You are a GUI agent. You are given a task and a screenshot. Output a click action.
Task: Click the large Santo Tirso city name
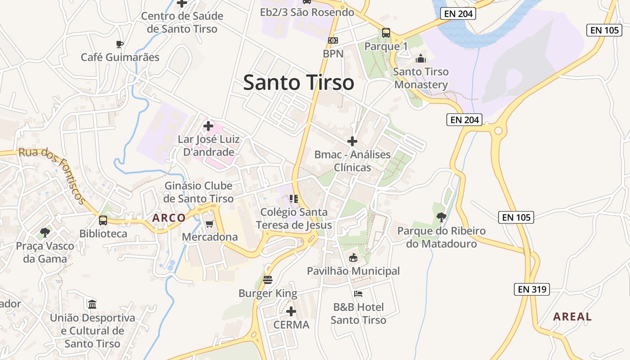(298, 83)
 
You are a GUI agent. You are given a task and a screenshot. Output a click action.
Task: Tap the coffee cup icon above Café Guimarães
(119, 44)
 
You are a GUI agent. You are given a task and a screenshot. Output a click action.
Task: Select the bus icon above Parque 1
(386, 32)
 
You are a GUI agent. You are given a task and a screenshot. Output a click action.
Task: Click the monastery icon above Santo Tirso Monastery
(421, 58)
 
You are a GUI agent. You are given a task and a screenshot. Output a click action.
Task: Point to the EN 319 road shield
(532, 289)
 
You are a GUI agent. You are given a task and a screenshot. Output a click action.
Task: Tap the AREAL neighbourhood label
(572, 316)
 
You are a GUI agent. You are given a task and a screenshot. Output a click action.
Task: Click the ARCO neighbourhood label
(169, 218)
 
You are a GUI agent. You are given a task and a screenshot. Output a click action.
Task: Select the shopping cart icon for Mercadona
(209, 224)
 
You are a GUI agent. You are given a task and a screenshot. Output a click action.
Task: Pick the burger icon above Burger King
(268, 280)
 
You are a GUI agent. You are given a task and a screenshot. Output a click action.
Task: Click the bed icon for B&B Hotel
(358, 294)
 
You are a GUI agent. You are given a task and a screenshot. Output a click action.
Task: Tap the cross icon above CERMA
(291, 311)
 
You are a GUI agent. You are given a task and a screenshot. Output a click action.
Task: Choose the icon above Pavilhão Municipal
(353, 258)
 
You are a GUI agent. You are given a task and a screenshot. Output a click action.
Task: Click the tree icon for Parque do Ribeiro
(441, 217)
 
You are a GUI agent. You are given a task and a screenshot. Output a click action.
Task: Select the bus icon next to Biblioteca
(103, 220)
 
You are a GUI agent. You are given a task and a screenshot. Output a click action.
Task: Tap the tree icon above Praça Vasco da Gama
(45, 233)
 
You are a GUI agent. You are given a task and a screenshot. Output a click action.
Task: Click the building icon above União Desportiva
(92, 304)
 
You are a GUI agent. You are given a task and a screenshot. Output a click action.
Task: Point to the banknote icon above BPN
(333, 40)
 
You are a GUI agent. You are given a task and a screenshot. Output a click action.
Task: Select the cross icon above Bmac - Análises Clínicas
(352, 141)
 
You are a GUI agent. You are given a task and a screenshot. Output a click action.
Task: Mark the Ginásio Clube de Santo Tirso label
(198, 192)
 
